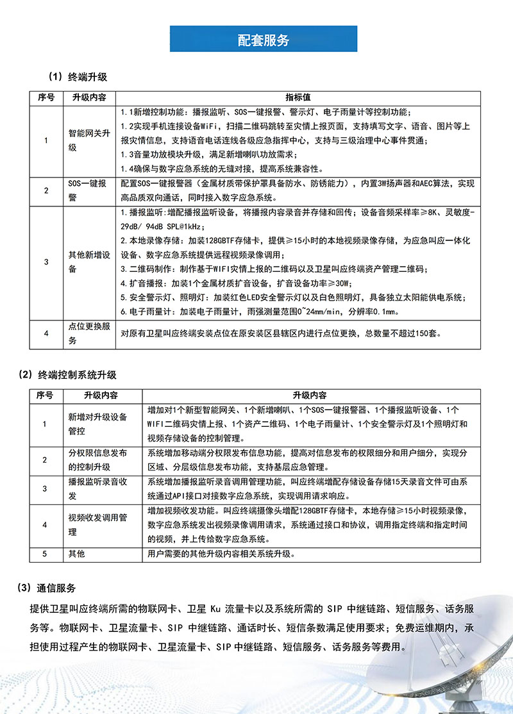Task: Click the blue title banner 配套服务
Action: (x=263, y=39)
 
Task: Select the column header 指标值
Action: (x=298, y=97)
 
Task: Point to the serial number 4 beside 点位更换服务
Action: (x=46, y=333)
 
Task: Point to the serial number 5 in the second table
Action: (x=45, y=553)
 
